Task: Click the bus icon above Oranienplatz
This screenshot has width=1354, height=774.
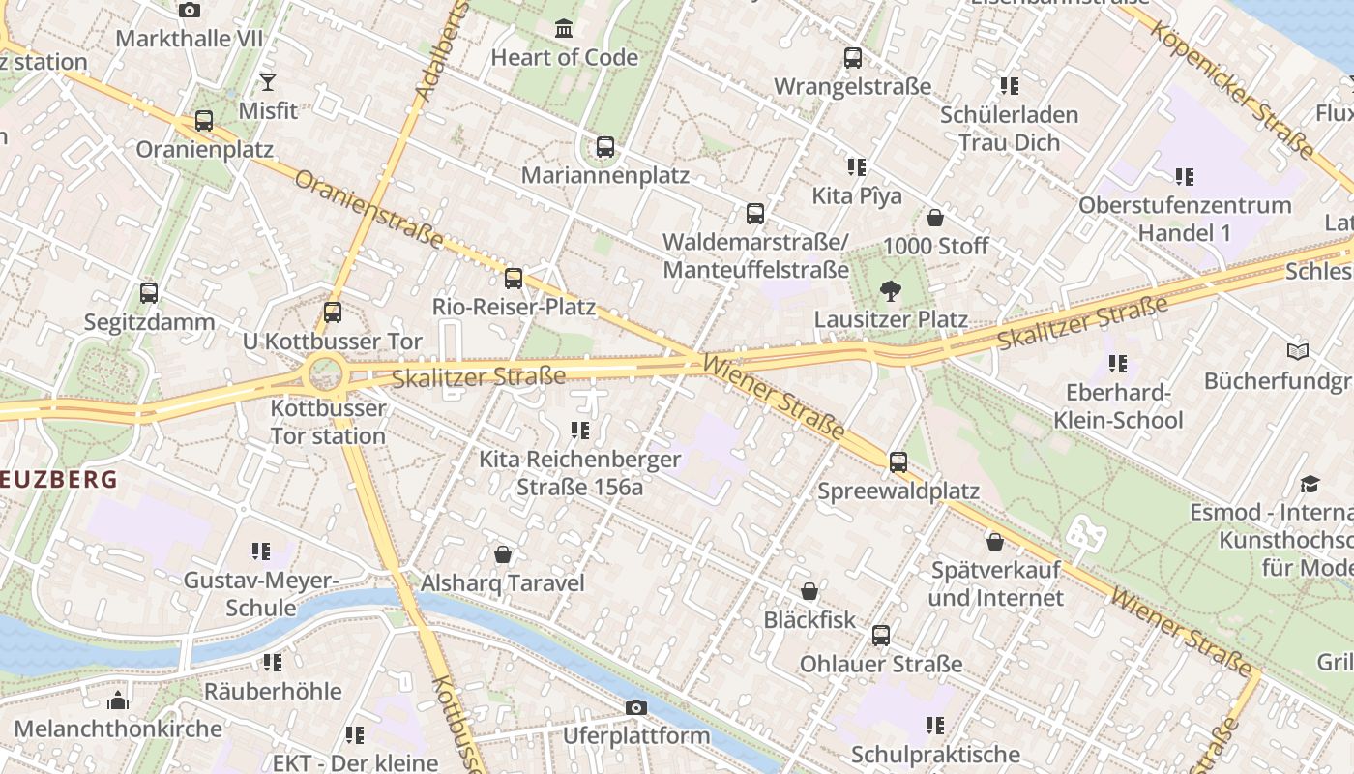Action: point(203,121)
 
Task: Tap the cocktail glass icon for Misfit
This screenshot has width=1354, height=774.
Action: point(268,82)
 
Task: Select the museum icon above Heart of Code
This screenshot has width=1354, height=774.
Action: point(564,28)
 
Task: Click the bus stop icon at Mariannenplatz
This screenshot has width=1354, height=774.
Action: point(604,147)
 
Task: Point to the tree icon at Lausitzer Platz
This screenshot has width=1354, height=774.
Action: point(890,290)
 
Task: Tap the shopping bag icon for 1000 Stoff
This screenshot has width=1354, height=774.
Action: point(934,218)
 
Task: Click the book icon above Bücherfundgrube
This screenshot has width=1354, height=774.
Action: point(1297,352)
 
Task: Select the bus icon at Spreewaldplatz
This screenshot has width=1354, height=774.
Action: point(898,462)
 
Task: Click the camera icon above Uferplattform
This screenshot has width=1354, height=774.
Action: point(635,707)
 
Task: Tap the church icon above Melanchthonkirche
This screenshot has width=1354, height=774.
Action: point(118,700)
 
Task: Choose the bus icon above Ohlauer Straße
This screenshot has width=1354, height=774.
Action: point(880,636)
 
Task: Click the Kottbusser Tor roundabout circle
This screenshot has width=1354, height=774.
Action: point(324,372)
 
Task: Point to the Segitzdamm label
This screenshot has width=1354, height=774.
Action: point(149,321)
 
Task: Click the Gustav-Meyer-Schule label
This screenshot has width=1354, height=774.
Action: point(260,593)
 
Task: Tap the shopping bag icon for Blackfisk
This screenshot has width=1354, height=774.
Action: point(809,591)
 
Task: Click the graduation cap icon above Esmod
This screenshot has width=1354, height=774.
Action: point(1310,484)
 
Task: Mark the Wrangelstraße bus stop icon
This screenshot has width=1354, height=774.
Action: point(852,58)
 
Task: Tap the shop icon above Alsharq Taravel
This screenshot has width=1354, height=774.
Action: point(502,554)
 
